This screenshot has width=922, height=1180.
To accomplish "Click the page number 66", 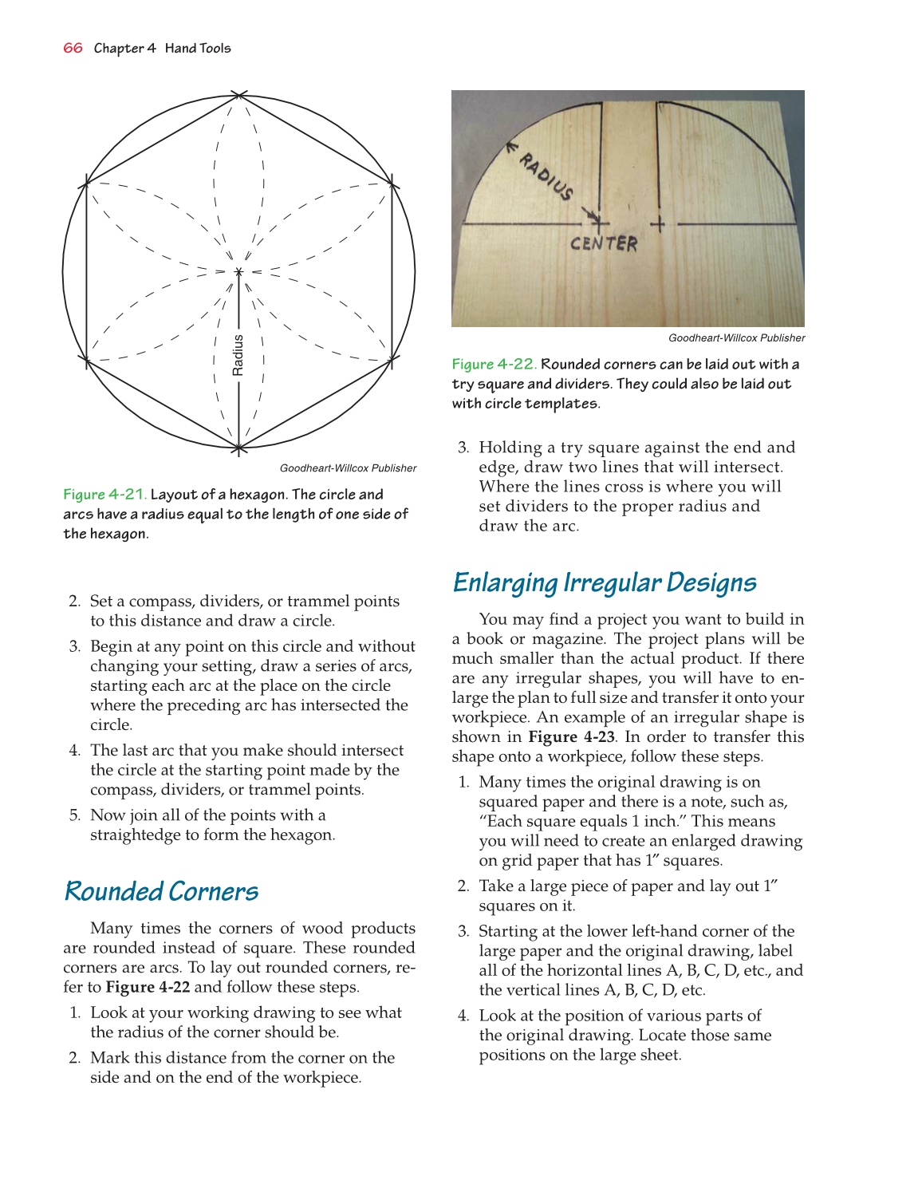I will coord(73,48).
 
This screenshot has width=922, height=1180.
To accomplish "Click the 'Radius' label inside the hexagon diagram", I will coord(238,355).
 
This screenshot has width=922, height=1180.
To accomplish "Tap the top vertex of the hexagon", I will coord(239,96).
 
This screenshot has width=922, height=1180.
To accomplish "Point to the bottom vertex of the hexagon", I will coord(239,448).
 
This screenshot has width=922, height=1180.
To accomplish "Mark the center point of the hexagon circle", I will coord(238,272).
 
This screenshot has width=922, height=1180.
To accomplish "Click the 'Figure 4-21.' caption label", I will coord(104,495).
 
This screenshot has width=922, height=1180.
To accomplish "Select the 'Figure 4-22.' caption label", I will coord(494,365).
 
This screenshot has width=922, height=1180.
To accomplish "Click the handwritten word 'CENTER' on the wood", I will coord(604,243).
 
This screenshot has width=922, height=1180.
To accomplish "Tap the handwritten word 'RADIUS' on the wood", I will coord(546,176).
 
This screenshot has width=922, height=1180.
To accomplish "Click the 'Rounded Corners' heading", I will coord(161,891).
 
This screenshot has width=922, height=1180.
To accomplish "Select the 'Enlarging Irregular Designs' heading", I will coord(604,582).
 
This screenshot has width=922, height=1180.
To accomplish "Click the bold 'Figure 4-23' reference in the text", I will coord(571,737).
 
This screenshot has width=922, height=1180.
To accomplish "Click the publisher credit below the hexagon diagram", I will coord(348,468).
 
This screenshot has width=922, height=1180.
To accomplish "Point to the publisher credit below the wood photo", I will coord(736,338).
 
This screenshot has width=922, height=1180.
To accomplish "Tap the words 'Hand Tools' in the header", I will coord(198,48).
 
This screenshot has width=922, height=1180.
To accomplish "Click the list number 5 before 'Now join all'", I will coord(75,815).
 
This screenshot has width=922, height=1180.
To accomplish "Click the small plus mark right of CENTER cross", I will coord(657,224).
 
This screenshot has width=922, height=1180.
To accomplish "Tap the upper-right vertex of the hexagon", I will coord(392,185).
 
